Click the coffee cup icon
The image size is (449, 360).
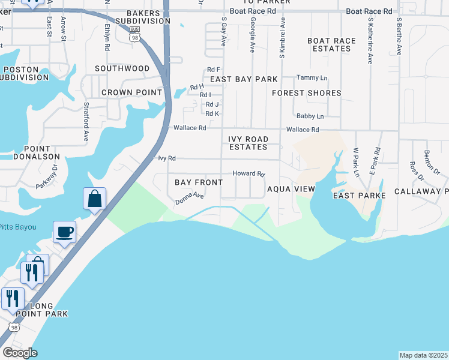point(64,231)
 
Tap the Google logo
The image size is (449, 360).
point(19,353)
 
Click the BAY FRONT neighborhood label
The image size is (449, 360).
point(199,182)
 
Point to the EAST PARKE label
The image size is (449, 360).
point(357,196)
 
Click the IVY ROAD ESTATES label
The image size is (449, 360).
point(248,143)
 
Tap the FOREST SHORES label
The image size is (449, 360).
point(306,93)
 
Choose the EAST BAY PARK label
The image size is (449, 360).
point(244,79)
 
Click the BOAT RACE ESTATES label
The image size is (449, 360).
point(331,45)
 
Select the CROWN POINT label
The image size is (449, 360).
point(131,92)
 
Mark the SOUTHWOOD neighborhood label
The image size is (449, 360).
point(122,68)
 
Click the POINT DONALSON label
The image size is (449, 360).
point(41,152)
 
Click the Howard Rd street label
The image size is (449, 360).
point(249,173)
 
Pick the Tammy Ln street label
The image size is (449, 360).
point(312,78)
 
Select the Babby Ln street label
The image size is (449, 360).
point(310,116)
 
